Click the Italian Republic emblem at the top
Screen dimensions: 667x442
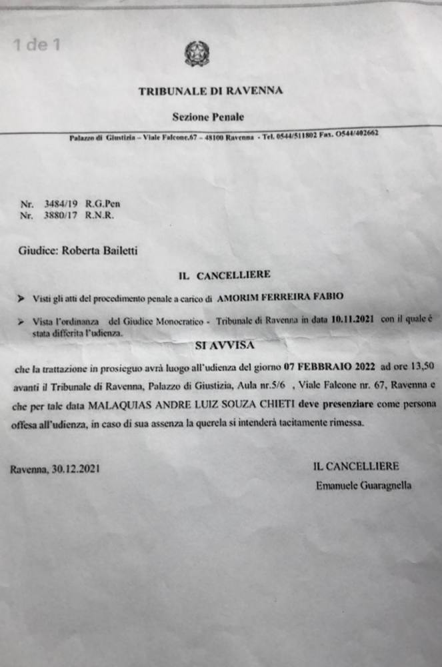pyautogui.click(x=197, y=53)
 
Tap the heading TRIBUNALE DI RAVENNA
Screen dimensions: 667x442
pyautogui.click(x=211, y=91)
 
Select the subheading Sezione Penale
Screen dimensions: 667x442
pyautogui.click(x=208, y=117)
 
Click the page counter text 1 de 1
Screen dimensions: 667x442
pyautogui.click(x=37, y=45)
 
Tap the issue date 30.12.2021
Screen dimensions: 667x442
pyautogui.click(x=75, y=469)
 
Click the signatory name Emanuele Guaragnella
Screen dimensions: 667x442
pyautogui.click(x=363, y=486)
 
